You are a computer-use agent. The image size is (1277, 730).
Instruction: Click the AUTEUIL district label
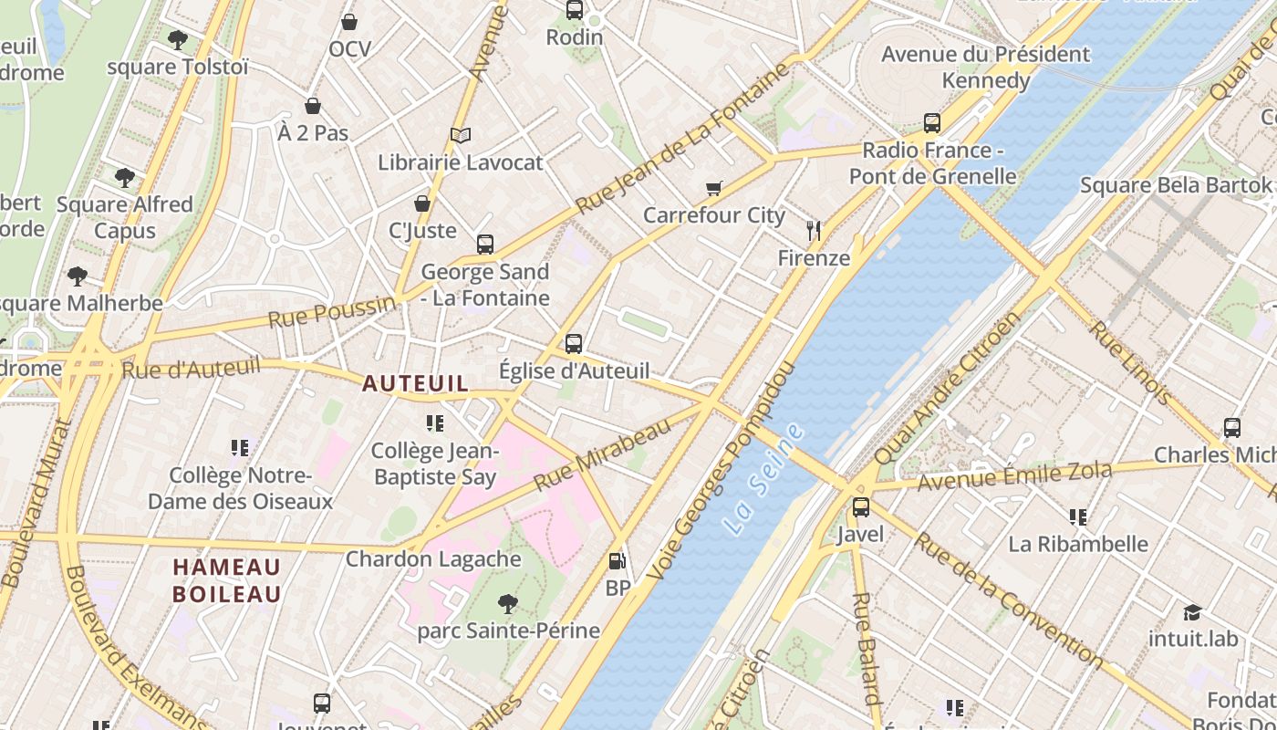415,383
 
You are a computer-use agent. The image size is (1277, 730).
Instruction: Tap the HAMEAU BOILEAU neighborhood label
227,580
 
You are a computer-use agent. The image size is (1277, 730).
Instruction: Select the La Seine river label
764,478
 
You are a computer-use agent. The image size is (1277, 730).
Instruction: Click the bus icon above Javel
860,507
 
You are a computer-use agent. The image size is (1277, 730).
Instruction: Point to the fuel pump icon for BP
618,561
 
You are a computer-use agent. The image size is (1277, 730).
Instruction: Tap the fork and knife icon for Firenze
814,231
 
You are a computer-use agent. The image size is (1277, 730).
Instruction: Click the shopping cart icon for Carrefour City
714,189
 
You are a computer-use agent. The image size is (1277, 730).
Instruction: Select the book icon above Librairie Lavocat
461,136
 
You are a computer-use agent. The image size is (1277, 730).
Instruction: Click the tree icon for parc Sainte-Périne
508,603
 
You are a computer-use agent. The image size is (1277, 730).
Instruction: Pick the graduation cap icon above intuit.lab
1192,611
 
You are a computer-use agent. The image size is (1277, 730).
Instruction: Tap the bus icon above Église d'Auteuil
574,344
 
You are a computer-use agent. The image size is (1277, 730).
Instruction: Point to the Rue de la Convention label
1007,599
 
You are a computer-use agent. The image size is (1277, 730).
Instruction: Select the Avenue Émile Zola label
1014,476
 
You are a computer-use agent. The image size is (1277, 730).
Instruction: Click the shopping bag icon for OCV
348,22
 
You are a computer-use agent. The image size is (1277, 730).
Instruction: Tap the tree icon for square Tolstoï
178,40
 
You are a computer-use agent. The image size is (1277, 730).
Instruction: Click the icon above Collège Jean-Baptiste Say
435,423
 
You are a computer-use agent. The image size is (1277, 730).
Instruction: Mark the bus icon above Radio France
931,122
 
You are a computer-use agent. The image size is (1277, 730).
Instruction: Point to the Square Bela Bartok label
1175,185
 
